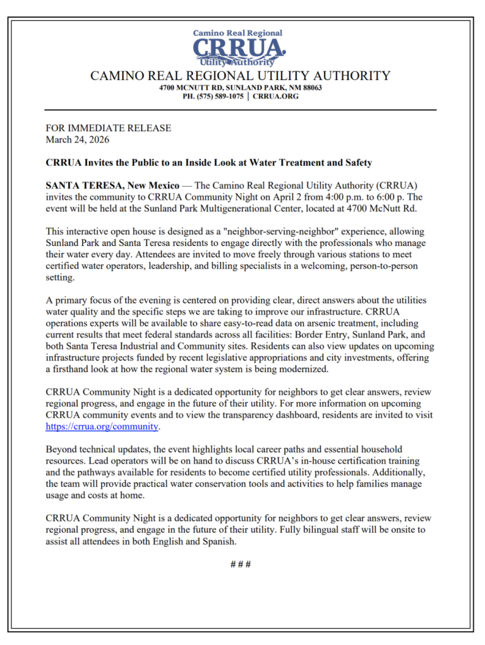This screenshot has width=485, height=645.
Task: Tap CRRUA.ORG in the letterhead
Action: pos(276,96)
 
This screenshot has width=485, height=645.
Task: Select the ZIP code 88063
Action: pos(309,88)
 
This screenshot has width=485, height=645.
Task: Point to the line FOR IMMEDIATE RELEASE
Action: pos(108,128)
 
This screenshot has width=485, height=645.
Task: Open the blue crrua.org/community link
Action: pos(102,426)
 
